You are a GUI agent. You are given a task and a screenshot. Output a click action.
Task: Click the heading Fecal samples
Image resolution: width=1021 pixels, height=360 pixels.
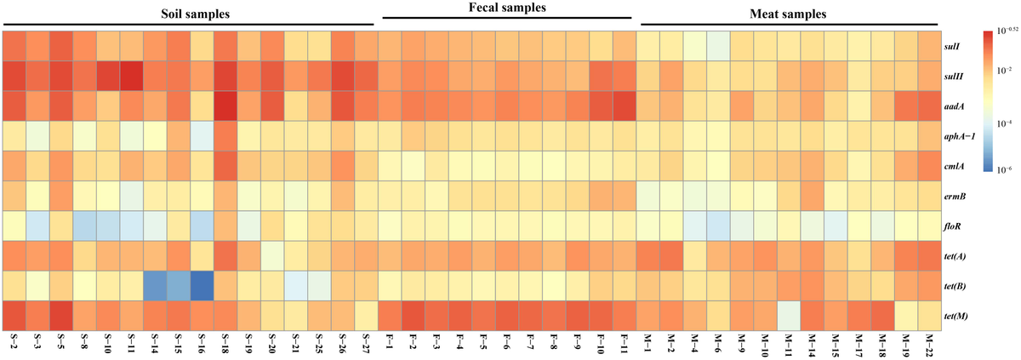pos(507,9)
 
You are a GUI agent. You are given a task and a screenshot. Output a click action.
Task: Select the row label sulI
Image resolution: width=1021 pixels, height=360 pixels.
pos(954,46)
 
